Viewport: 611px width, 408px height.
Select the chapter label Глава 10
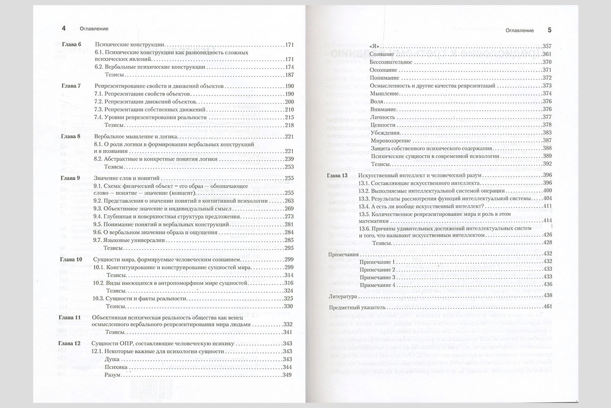(71, 260)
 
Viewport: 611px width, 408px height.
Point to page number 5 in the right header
(549, 30)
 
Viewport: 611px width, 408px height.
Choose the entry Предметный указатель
(355, 308)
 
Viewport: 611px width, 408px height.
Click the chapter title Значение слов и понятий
(127, 178)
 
